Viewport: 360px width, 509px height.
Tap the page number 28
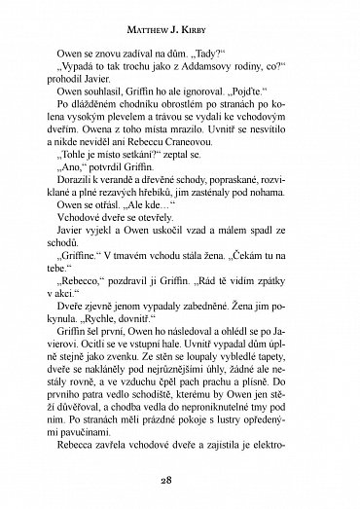pyautogui.click(x=180, y=481)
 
